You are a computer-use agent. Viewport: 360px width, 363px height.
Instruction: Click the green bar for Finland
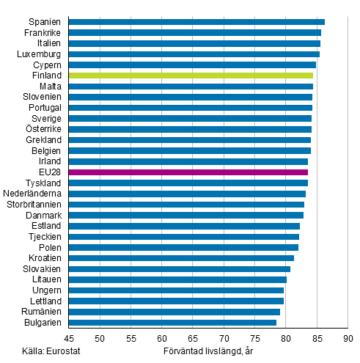pyautogui.click(x=191, y=76)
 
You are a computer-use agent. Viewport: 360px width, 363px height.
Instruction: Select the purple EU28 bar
pyautogui.click(x=188, y=172)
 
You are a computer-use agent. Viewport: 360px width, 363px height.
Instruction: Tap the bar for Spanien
pyautogui.click(x=196, y=22)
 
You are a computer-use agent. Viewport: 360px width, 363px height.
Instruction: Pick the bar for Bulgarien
pyautogui.click(x=172, y=322)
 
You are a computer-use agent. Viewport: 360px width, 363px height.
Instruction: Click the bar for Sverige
pyautogui.click(x=190, y=118)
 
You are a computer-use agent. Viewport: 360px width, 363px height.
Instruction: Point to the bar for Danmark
pyautogui.click(x=185, y=215)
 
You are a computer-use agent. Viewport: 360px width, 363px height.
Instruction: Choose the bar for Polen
pyautogui.click(x=183, y=247)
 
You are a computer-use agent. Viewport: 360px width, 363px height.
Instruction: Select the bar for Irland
pyautogui.click(x=188, y=161)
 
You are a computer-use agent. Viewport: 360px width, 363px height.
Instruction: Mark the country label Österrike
pyautogui.click(x=45, y=129)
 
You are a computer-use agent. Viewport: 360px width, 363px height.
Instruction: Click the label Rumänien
pyautogui.click(x=43, y=312)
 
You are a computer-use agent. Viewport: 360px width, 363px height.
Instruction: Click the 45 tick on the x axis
pyautogui.click(x=68, y=337)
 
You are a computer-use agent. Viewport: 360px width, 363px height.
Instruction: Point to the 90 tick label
pyautogui.click(x=348, y=337)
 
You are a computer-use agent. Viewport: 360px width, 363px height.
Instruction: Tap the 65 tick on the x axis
pyautogui.click(x=192, y=337)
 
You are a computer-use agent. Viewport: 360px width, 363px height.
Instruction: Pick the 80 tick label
pyautogui.click(x=285, y=337)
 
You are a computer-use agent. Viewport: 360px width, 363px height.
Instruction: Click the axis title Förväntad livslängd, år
pyautogui.click(x=207, y=350)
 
